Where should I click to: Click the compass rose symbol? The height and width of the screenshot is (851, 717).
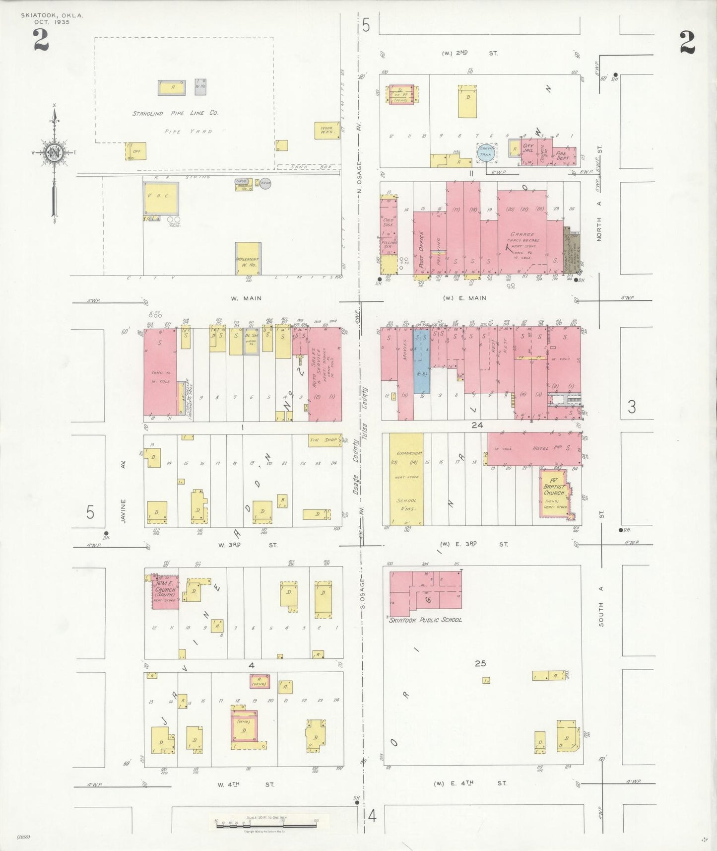pos(54,152)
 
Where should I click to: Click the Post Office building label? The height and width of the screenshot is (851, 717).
pos(421,250)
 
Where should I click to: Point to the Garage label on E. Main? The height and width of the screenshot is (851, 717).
pos(522,234)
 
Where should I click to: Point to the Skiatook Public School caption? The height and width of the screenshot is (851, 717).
pos(425,620)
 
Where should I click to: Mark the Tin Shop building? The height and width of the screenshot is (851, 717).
pos(324,440)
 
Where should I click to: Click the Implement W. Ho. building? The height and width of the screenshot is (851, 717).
pos(248,259)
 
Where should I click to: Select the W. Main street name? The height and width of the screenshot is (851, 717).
pos(246,298)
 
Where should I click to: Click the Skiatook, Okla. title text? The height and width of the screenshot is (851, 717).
pos(52,15)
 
